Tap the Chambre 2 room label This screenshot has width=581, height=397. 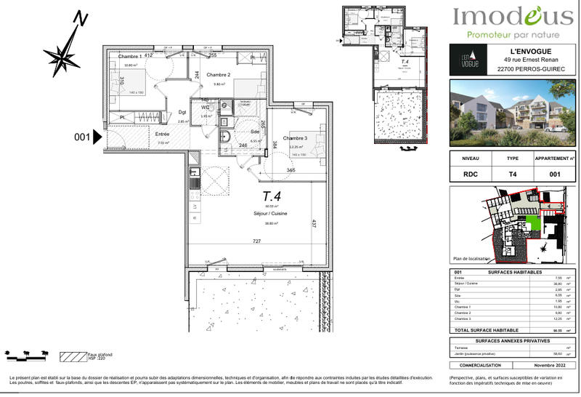click(218, 75)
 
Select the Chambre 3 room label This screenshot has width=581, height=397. click(295, 138)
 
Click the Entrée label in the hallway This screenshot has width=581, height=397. click(163, 134)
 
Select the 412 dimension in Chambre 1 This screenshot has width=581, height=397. click(147, 55)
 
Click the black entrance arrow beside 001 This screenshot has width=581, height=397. click(98, 136)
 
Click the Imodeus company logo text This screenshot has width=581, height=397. click(512, 16)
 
